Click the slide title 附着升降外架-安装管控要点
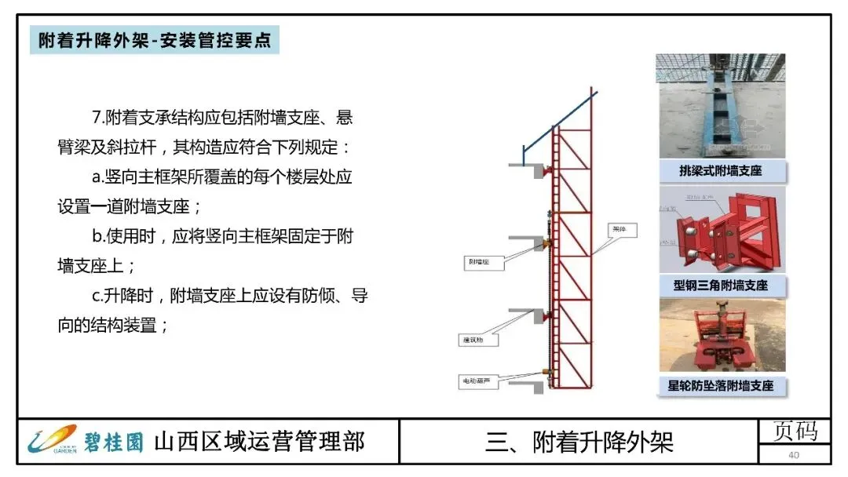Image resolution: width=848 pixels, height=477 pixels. [155, 41]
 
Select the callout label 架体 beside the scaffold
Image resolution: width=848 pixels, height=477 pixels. [625, 230]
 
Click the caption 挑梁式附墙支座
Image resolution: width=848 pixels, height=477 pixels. [720, 170]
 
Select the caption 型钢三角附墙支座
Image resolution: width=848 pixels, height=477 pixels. [720, 285]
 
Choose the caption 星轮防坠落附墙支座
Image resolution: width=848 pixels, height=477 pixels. [720, 386]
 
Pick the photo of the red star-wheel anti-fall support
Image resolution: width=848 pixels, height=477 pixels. [720, 336]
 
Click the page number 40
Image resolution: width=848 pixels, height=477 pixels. [794, 456]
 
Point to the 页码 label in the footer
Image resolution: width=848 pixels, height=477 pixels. [795, 431]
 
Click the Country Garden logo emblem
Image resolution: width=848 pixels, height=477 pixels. [51, 439]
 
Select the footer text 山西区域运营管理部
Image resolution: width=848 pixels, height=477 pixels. [259, 441]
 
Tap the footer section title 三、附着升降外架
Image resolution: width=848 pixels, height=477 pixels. [579, 442]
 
